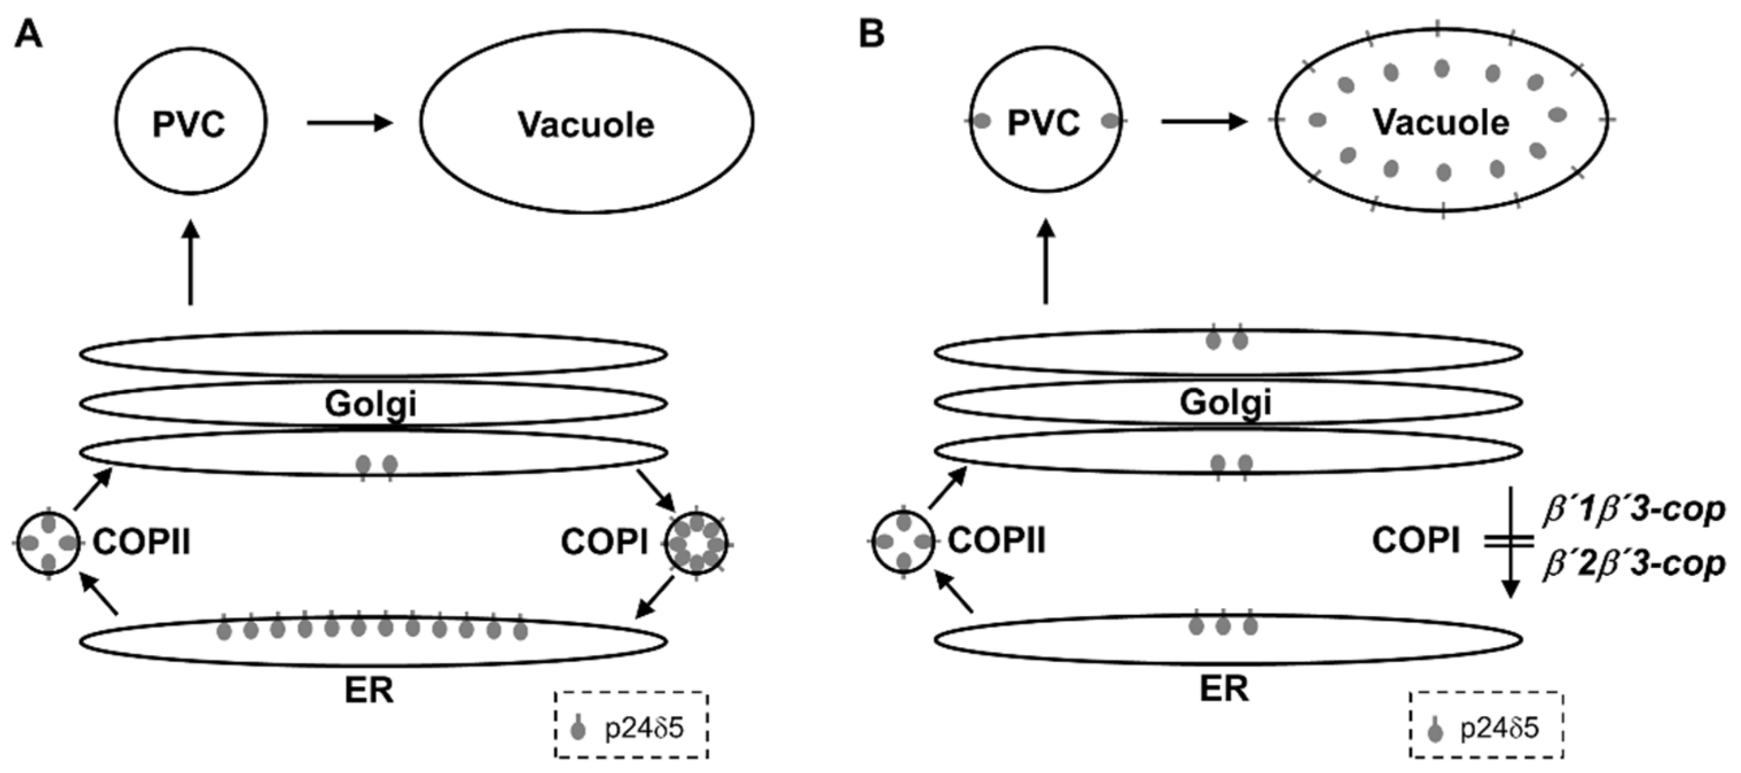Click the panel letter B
click(872, 34)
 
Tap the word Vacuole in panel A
click(586, 125)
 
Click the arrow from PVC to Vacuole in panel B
click(1203, 122)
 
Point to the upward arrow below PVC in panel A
click(191, 264)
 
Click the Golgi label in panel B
click(1225, 403)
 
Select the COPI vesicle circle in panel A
click(696, 543)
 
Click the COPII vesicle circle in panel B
click(903, 541)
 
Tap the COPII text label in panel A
click(141, 542)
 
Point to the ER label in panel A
click(369, 691)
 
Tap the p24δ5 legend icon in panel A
click(578, 728)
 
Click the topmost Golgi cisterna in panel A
click(373, 353)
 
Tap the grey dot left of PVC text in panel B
click(982, 122)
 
